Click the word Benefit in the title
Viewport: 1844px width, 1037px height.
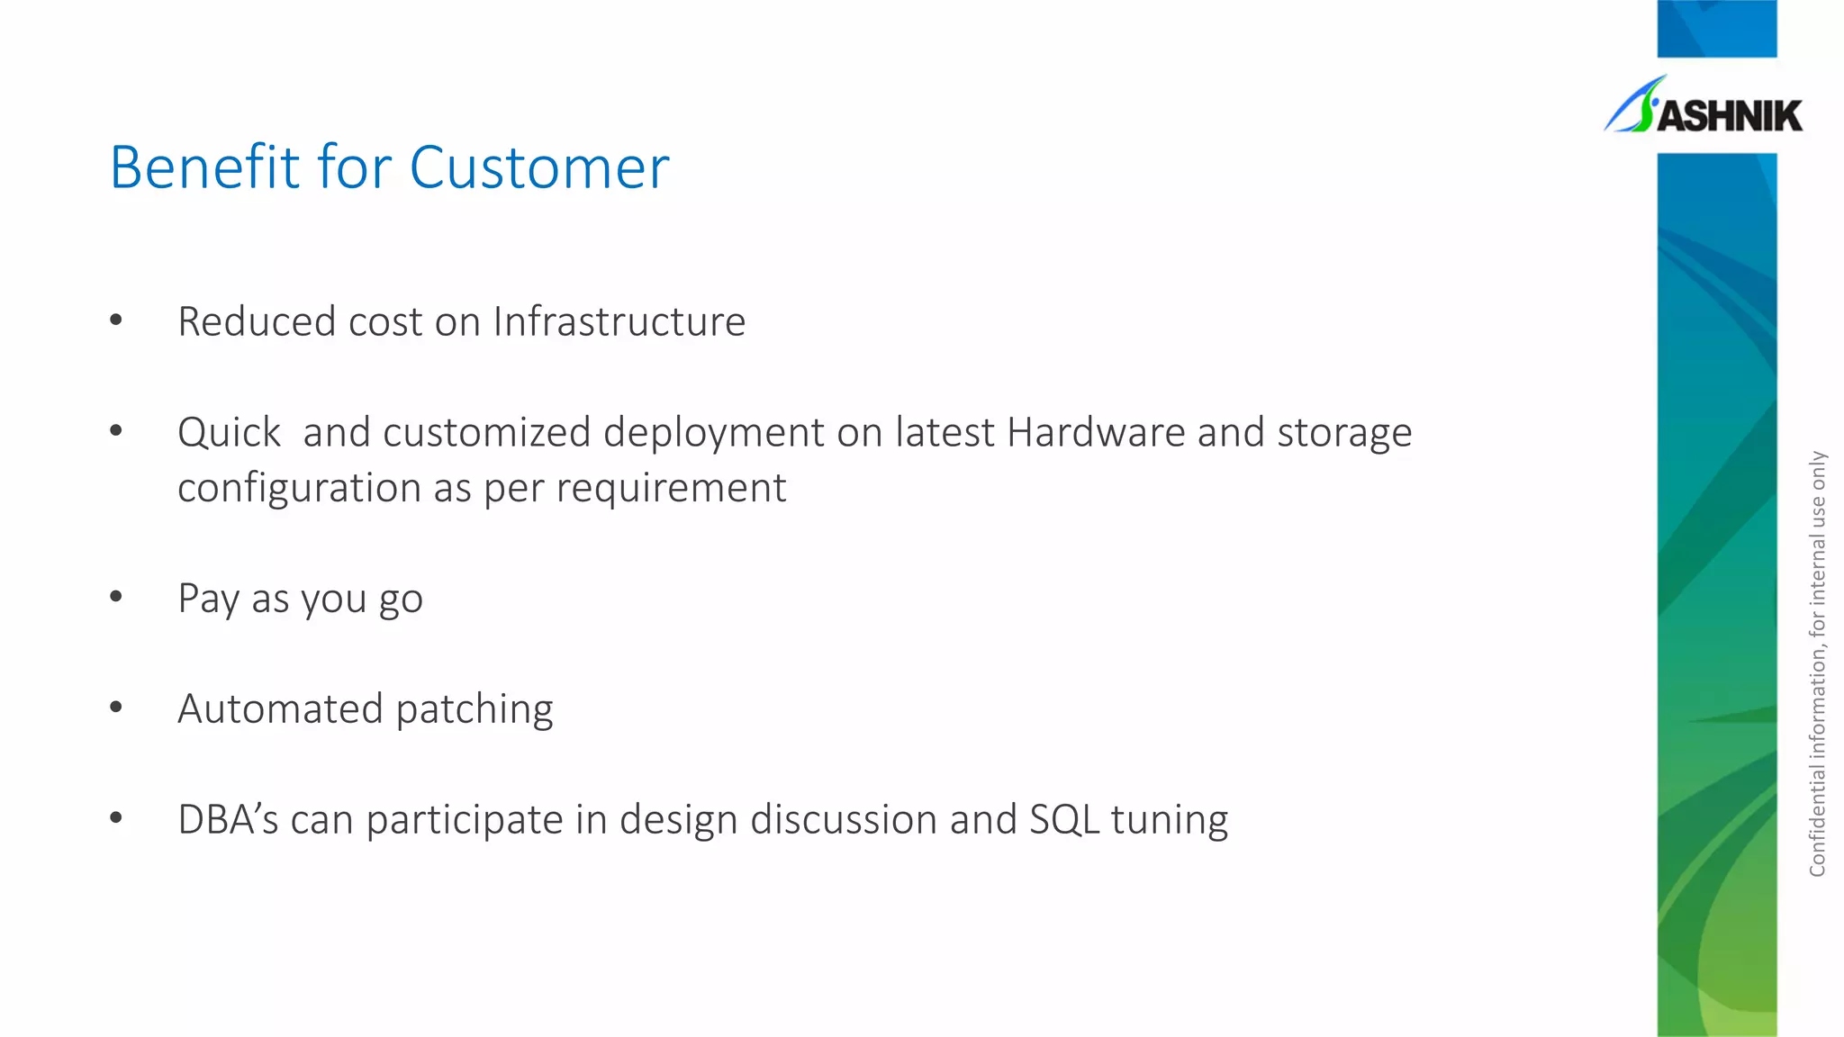tap(204, 167)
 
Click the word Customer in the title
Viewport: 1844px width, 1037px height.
tap(539, 167)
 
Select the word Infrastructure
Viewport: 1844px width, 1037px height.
tap(619, 321)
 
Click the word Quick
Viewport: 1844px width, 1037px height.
tap(229, 432)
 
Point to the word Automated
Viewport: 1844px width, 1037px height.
tap(280, 708)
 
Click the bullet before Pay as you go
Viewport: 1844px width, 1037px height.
tap(116, 596)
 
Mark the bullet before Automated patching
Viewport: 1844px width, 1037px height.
tap(116, 707)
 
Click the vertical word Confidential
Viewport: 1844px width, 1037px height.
tap(1817, 819)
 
